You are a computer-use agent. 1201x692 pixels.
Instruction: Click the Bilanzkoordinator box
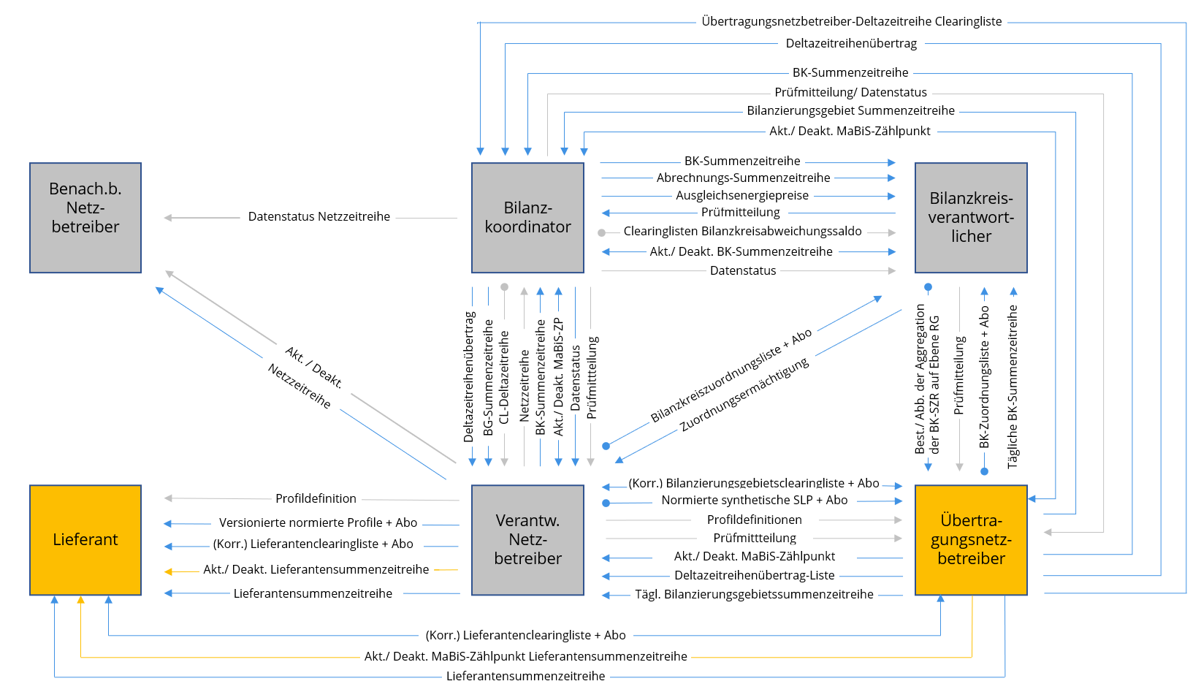tap(527, 218)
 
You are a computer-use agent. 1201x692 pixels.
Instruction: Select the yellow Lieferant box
tap(85, 540)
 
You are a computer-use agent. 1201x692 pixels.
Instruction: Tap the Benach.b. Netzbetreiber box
tap(85, 218)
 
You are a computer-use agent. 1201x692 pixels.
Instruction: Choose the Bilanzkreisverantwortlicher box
tap(971, 218)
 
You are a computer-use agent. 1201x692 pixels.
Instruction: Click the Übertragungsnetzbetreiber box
tap(971, 540)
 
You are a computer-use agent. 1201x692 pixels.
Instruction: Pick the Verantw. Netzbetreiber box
tap(527, 540)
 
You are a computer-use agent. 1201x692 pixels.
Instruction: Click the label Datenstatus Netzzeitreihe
tap(319, 217)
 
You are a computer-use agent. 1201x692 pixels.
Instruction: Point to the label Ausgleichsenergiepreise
tap(741, 196)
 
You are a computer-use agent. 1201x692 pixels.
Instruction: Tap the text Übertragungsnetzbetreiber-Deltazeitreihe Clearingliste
tap(851, 22)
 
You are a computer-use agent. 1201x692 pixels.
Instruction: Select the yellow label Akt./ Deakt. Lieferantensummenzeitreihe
tap(316, 570)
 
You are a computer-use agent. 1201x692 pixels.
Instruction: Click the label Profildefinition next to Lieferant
tap(316, 499)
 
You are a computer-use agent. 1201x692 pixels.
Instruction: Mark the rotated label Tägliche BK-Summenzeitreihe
tap(1013, 386)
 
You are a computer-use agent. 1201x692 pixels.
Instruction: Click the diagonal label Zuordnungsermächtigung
tap(744, 395)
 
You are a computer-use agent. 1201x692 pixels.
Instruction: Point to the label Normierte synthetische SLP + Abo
tap(754, 501)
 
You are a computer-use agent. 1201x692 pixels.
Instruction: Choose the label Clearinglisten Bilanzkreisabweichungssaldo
tap(742, 232)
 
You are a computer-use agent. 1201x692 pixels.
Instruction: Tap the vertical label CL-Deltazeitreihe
tap(504, 377)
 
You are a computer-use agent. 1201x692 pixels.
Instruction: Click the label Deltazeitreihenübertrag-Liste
tap(754, 576)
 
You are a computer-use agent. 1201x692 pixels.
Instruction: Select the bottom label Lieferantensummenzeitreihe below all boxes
tap(525, 677)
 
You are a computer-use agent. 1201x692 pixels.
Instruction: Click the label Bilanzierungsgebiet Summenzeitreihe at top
tap(850, 111)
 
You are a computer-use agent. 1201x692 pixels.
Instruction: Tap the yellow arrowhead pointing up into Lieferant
tap(81, 600)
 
